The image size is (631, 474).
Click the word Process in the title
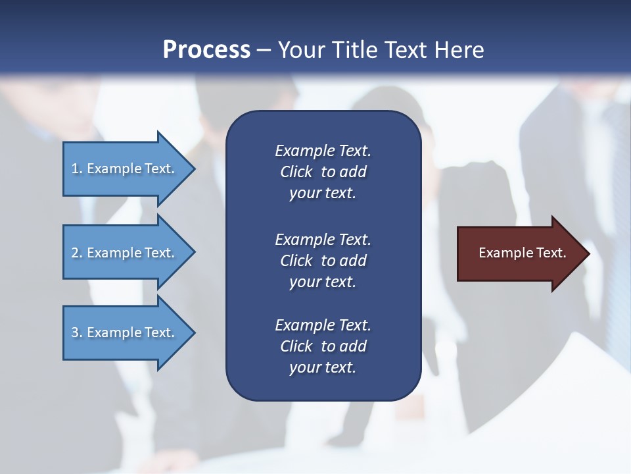(206, 50)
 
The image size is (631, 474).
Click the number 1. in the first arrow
(77, 169)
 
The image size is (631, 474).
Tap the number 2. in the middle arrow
(77, 253)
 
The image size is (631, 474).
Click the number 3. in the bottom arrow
(77, 332)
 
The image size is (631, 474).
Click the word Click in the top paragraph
(296, 172)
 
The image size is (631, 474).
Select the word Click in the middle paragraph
(296, 261)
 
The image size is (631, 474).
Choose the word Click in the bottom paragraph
(296, 346)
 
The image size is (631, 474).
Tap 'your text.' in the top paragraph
(323, 194)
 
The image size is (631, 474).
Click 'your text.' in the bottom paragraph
(323, 368)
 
